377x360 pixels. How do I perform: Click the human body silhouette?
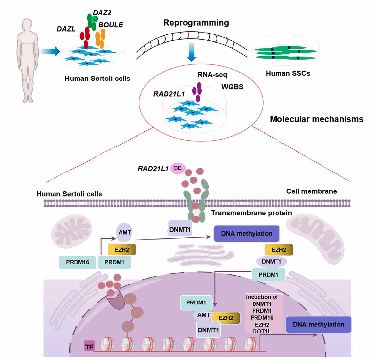point(28,59)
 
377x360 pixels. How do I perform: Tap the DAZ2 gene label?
point(102,13)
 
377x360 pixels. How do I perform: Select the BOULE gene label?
point(111,25)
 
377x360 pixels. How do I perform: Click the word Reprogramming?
point(196,23)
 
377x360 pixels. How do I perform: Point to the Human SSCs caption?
point(288,73)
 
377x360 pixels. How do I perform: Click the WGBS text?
point(232,87)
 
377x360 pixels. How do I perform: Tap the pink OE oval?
point(177,168)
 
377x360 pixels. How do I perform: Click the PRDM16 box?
point(78,262)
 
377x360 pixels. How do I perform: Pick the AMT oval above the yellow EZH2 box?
point(125,233)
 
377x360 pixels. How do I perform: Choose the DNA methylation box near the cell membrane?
point(247,234)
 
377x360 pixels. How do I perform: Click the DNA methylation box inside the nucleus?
point(318,325)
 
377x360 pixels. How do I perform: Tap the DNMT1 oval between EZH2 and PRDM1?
point(271,262)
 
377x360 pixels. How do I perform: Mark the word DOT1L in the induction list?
point(262,331)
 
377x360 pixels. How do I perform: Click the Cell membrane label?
point(311,191)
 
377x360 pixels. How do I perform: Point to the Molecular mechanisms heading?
point(316,119)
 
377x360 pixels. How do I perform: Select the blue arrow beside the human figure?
point(50,51)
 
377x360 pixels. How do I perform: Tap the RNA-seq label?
point(212,75)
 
